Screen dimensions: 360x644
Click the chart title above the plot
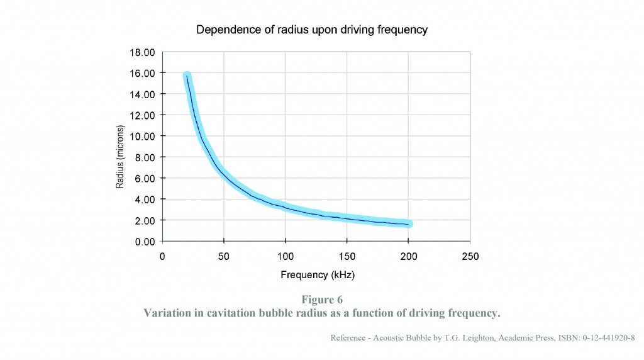click(312, 30)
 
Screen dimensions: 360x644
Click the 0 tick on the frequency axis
click(162, 256)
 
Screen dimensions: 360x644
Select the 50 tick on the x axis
click(224, 256)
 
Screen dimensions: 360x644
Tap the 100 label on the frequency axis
click(285, 256)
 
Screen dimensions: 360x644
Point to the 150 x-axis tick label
click(347, 256)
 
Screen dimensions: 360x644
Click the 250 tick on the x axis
click(470, 256)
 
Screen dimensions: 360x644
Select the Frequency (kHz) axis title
click(313, 275)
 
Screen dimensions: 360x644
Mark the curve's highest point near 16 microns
click(187, 76)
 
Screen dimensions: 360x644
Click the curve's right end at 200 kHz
click(409, 224)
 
